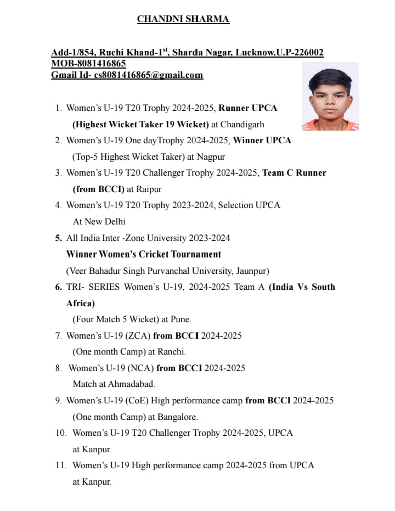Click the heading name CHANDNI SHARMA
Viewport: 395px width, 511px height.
[183, 19]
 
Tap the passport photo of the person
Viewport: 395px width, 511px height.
[330, 96]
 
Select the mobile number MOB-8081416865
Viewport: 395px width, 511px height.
[88, 64]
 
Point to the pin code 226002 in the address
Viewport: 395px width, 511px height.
[309, 53]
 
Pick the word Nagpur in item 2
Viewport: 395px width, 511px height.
[211, 156]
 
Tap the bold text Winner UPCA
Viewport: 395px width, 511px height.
[262, 141]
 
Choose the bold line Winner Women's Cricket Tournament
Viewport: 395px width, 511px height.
[144, 254]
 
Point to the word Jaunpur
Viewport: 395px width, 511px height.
[251, 271]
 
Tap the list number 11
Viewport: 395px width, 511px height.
[60, 465]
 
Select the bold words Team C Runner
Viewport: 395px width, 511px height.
[294, 173]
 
